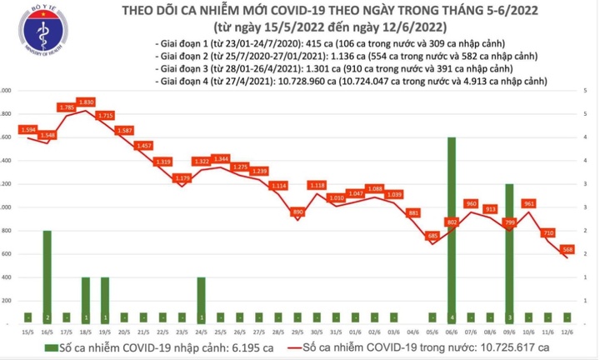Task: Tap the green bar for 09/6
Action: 509,252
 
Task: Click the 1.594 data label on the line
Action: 27,130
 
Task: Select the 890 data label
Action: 297,213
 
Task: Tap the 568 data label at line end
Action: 567,247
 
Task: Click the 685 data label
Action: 432,236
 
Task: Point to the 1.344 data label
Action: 221,158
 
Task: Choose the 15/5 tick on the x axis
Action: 28,330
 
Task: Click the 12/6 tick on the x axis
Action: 567,330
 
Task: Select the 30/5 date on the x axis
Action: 317,330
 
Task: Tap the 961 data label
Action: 528,202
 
